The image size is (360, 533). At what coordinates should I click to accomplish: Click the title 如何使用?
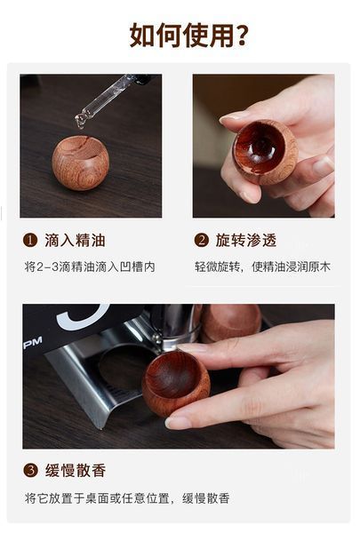coord(188,35)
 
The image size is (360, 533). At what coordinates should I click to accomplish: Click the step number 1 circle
coord(30,240)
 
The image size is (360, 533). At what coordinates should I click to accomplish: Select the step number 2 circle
coord(201,240)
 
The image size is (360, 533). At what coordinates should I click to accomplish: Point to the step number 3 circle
coord(30,471)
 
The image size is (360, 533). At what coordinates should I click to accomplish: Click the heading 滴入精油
coord(75,241)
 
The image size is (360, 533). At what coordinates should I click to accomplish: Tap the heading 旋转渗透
coord(246,241)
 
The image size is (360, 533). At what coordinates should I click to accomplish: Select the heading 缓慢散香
coord(76,471)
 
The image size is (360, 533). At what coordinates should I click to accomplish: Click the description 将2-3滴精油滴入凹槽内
coord(90,266)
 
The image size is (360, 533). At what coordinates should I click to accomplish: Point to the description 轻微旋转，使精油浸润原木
coord(262,266)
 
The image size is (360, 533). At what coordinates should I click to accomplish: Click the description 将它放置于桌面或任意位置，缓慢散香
coord(127,498)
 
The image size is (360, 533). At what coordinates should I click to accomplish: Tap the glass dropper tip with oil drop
coord(81,121)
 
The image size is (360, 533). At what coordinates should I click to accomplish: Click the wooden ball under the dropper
coord(81,163)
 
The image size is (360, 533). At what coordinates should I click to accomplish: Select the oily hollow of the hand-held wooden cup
coord(260,147)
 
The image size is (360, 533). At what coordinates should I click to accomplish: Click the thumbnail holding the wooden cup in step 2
coord(229,117)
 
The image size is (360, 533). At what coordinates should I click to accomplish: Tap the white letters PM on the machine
coord(33,343)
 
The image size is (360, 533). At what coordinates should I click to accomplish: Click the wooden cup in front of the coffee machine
coord(176,386)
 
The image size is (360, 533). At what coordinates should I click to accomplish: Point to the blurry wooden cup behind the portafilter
coord(231,322)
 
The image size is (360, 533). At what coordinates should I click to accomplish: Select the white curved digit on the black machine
coord(83,318)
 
